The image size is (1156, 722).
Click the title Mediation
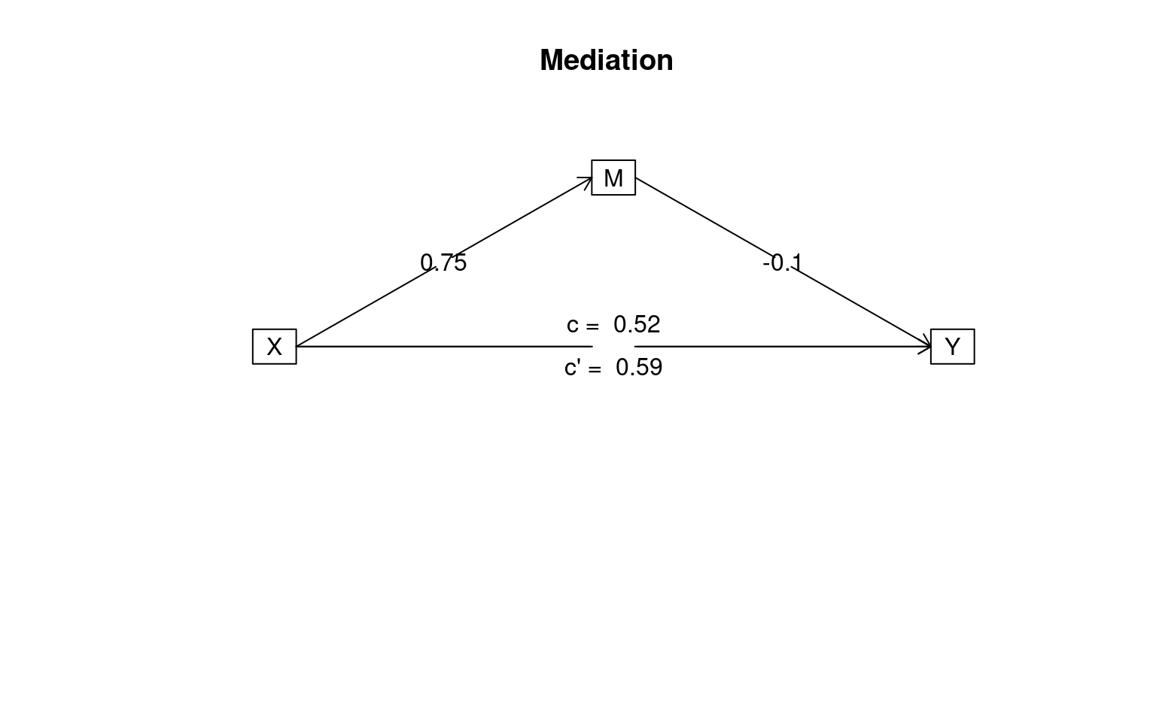[x=607, y=60]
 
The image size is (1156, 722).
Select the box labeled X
[x=275, y=347]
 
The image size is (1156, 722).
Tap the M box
[x=613, y=177]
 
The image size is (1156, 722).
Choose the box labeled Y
[x=953, y=347]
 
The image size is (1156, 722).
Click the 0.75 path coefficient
[x=443, y=262]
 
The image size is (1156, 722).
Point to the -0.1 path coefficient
[x=783, y=262]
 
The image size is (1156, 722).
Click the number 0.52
[x=637, y=324]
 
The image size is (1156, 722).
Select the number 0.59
[x=639, y=367]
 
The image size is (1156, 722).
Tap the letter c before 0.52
[x=572, y=326]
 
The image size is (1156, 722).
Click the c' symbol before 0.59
[x=572, y=367]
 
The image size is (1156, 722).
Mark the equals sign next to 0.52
[x=592, y=326]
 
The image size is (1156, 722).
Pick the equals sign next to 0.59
[x=595, y=369]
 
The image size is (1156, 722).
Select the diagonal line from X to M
[x=444, y=262]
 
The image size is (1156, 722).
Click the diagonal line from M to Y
[x=783, y=262]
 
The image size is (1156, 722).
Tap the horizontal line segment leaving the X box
[x=444, y=347]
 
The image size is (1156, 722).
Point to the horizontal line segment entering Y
[x=783, y=347]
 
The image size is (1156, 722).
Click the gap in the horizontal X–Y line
[x=613, y=347]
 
